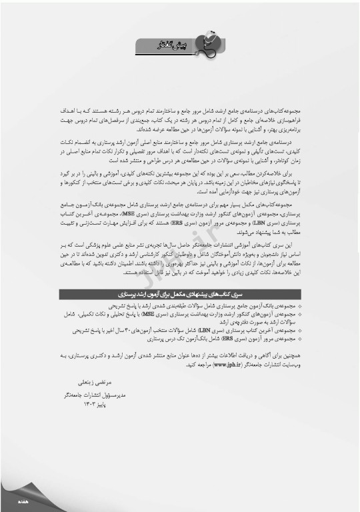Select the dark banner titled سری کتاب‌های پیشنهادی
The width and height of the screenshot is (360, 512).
point(180,275)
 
